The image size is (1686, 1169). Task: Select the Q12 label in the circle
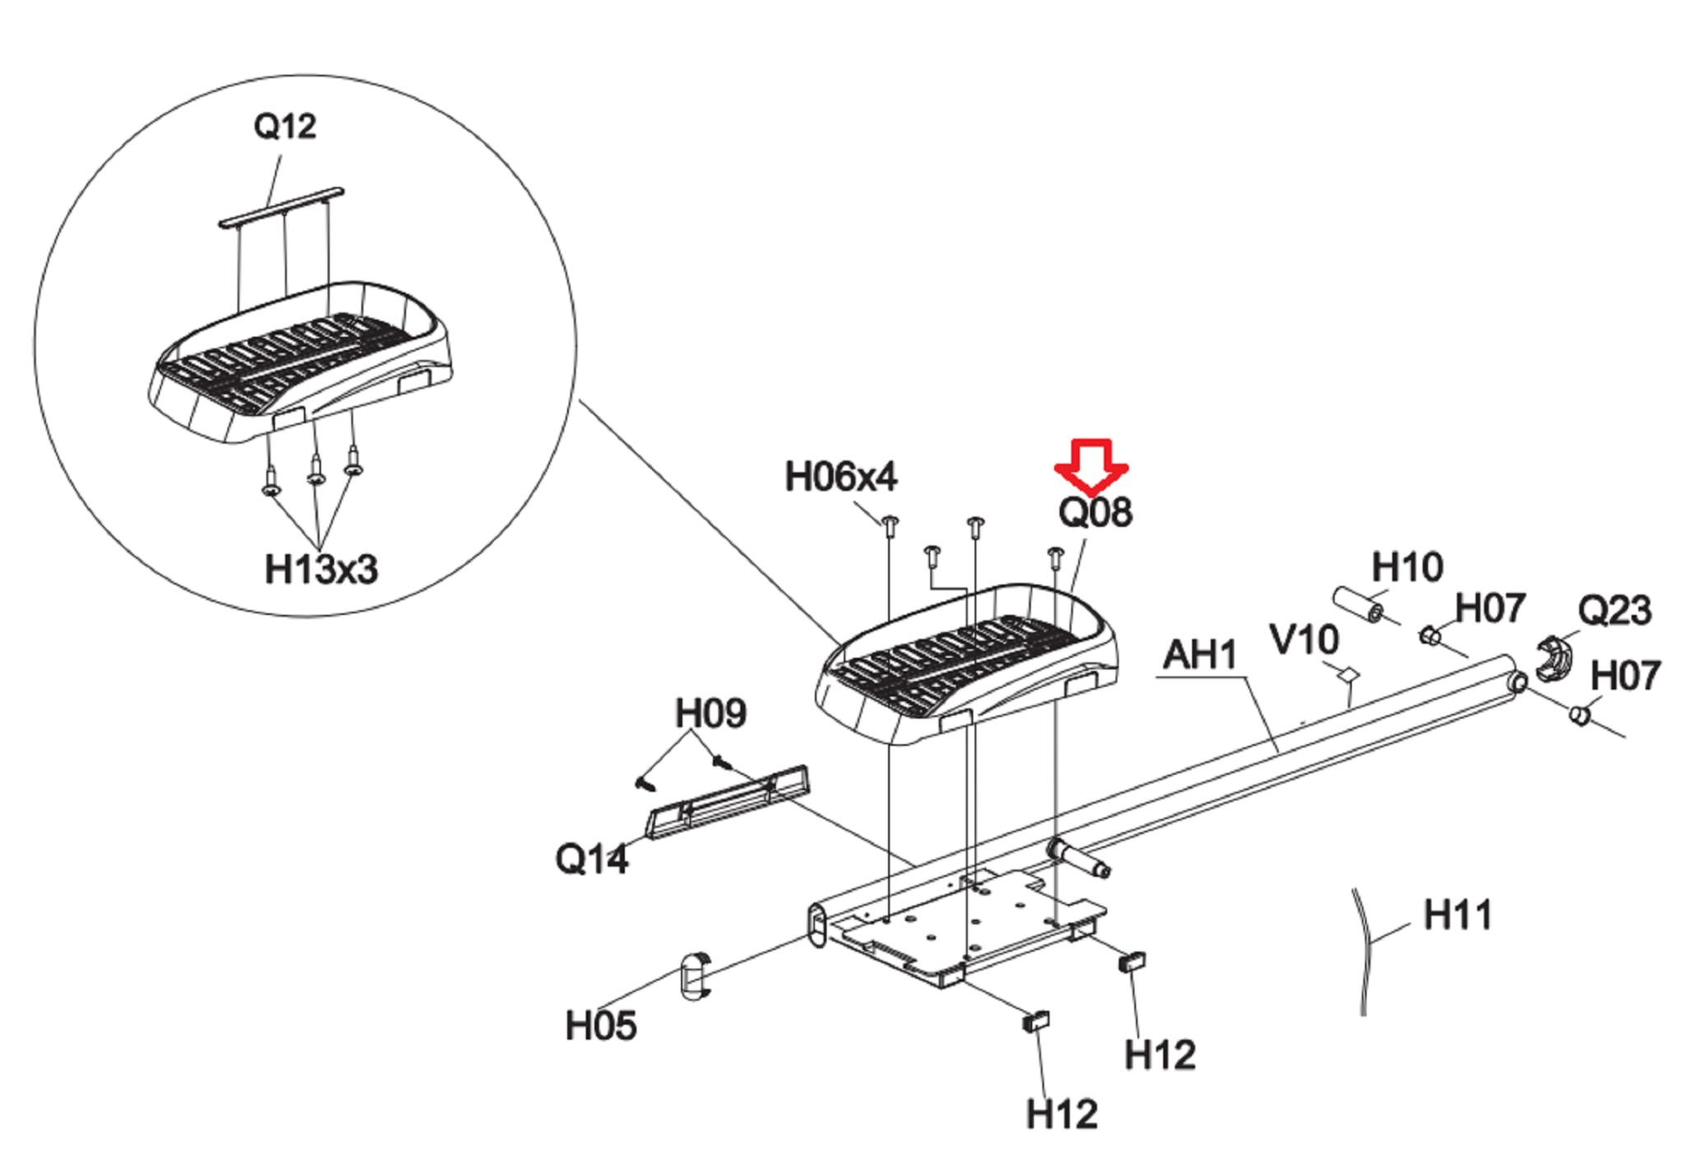click(x=285, y=127)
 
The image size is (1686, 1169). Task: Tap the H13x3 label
click(x=321, y=569)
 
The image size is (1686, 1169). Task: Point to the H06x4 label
click(x=841, y=477)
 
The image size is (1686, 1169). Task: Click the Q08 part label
click(x=1095, y=512)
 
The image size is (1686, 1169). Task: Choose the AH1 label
click(x=1199, y=655)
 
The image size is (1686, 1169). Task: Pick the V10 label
click(x=1304, y=640)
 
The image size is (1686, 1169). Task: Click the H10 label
click(x=1407, y=567)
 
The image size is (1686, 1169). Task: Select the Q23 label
click(x=1614, y=611)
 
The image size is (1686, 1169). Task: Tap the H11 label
click(x=1457, y=915)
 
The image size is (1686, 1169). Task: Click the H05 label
click(x=601, y=1026)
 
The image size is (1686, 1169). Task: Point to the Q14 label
click(x=591, y=859)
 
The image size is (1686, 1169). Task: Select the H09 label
click(x=710, y=713)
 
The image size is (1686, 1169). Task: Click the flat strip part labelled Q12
click(x=281, y=206)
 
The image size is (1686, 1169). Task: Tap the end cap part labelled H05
click(x=696, y=976)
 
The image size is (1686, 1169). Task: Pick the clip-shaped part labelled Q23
click(x=1553, y=660)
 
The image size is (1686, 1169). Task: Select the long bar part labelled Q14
click(x=729, y=803)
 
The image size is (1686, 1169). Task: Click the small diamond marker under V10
click(x=1348, y=674)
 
